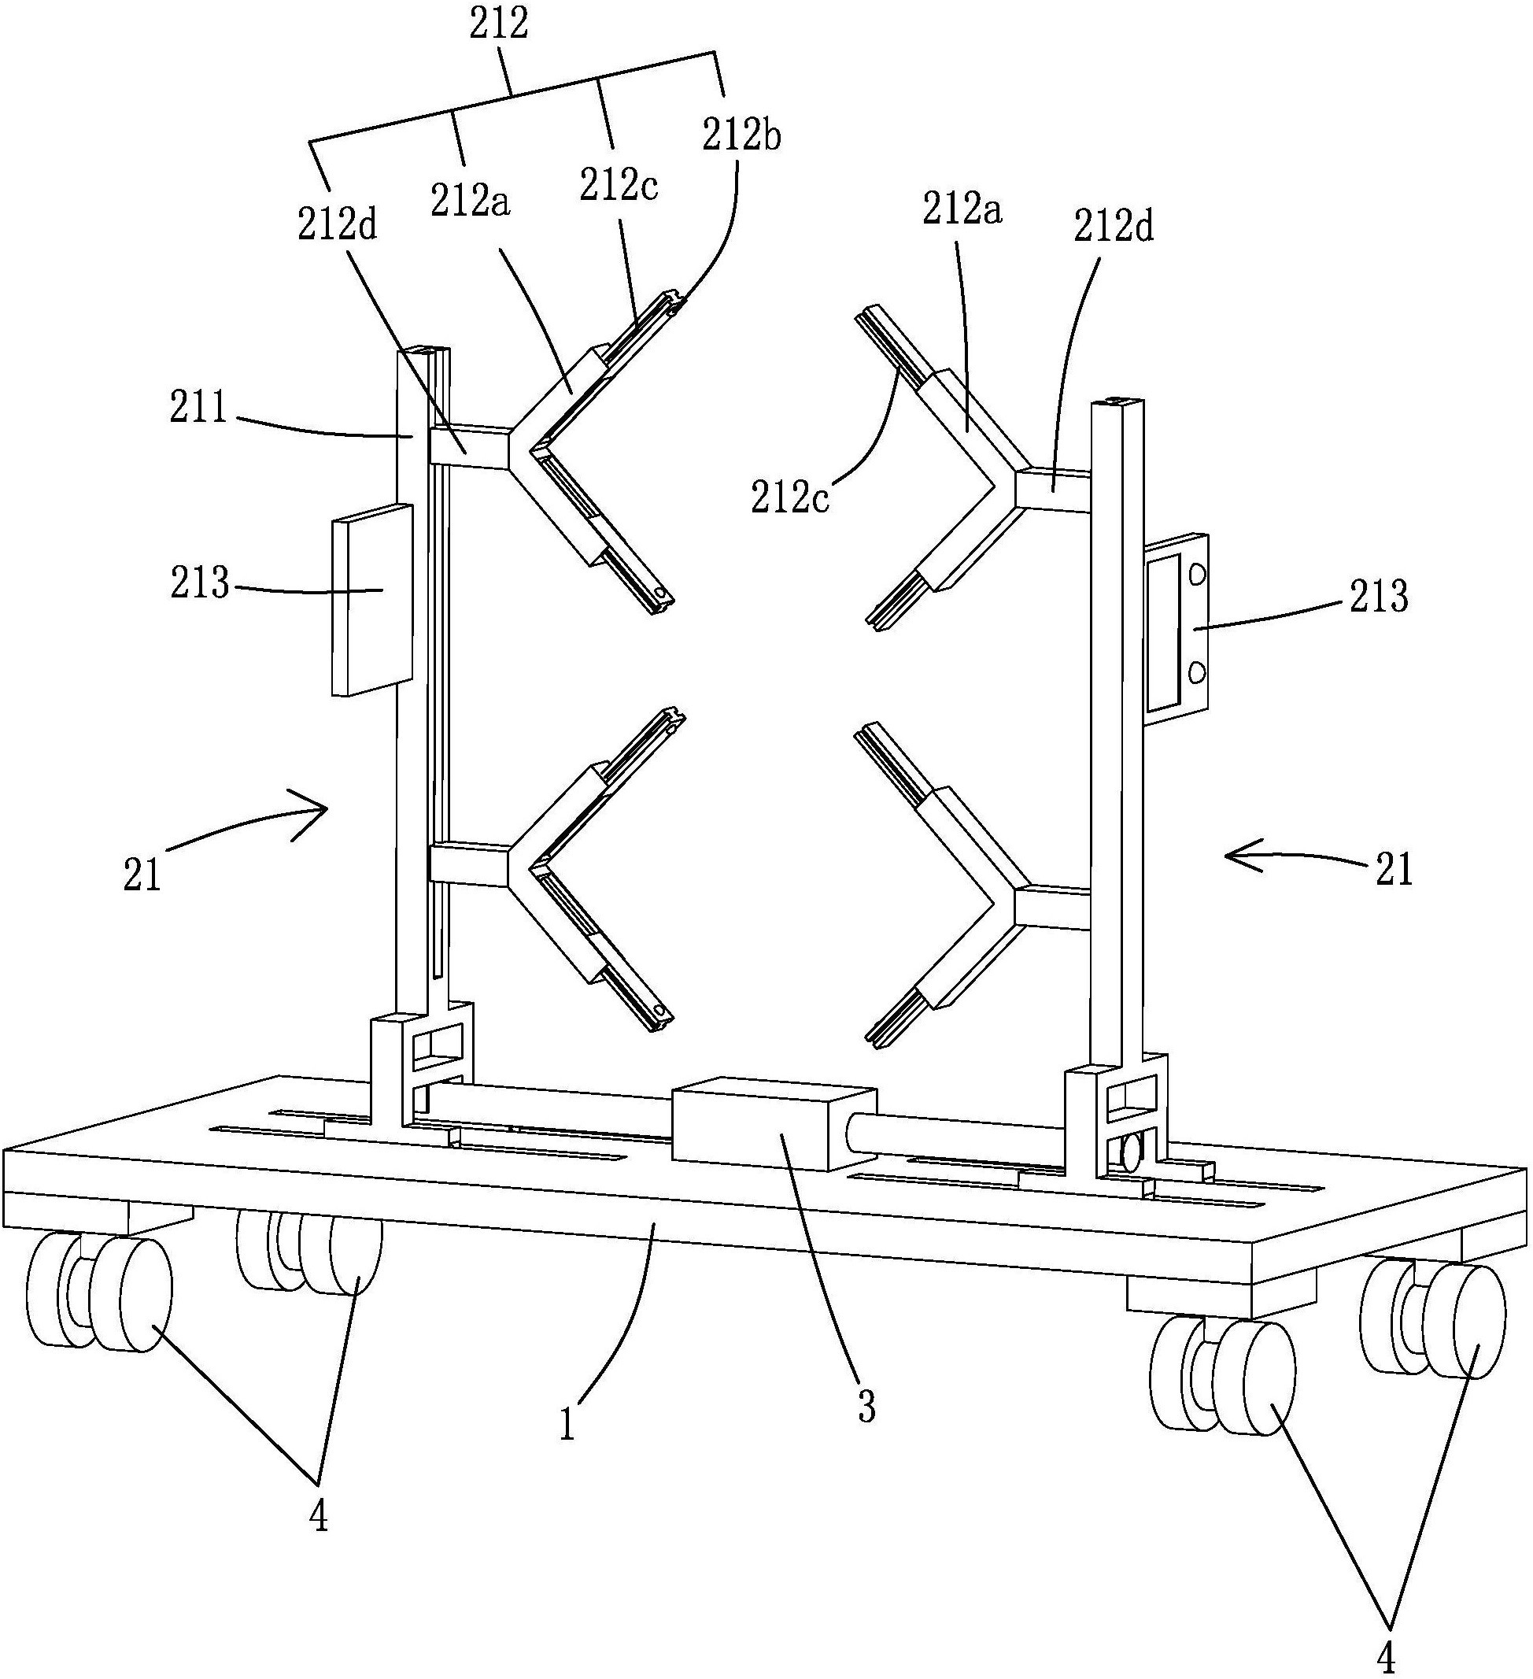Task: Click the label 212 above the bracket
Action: click(x=499, y=25)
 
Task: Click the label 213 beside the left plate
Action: click(x=200, y=583)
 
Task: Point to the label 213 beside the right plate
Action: click(x=1378, y=598)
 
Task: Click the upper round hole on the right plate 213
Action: click(x=1198, y=574)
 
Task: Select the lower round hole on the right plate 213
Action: click(x=1198, y=671)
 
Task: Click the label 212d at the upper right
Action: click(x=1114, y=227)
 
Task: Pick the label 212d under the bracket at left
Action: click(x=338, y=225)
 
